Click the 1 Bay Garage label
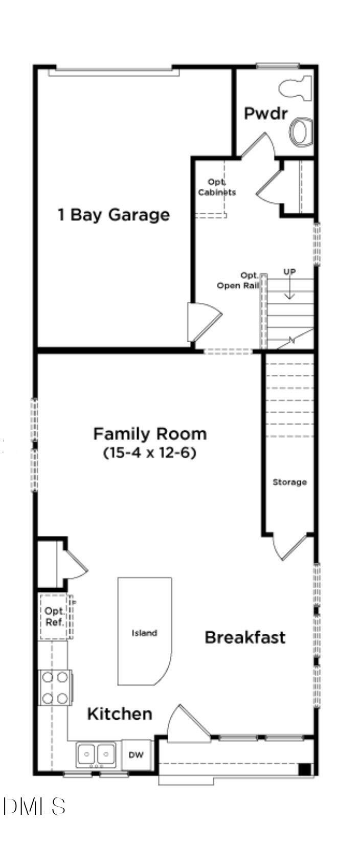[x=113, y=215]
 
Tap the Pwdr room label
[x=265, y=113]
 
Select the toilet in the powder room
[x=296, y=88]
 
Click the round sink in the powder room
[x=301, y=131]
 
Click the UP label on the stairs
[x=289, y=272]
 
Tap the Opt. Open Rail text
[x=238, y=281]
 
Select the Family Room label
[x=150, y=434]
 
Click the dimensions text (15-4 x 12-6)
[x=150, y=453]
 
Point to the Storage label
[x=289, y=482]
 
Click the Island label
[x=144, y=633]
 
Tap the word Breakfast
[x=245, y=637]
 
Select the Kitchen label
[x=120, y=714]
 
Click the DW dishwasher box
[x=136, y=754]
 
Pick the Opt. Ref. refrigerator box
[x=54, y=616]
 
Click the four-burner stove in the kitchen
[x=55, y=687]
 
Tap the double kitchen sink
[x=96, y=754]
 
